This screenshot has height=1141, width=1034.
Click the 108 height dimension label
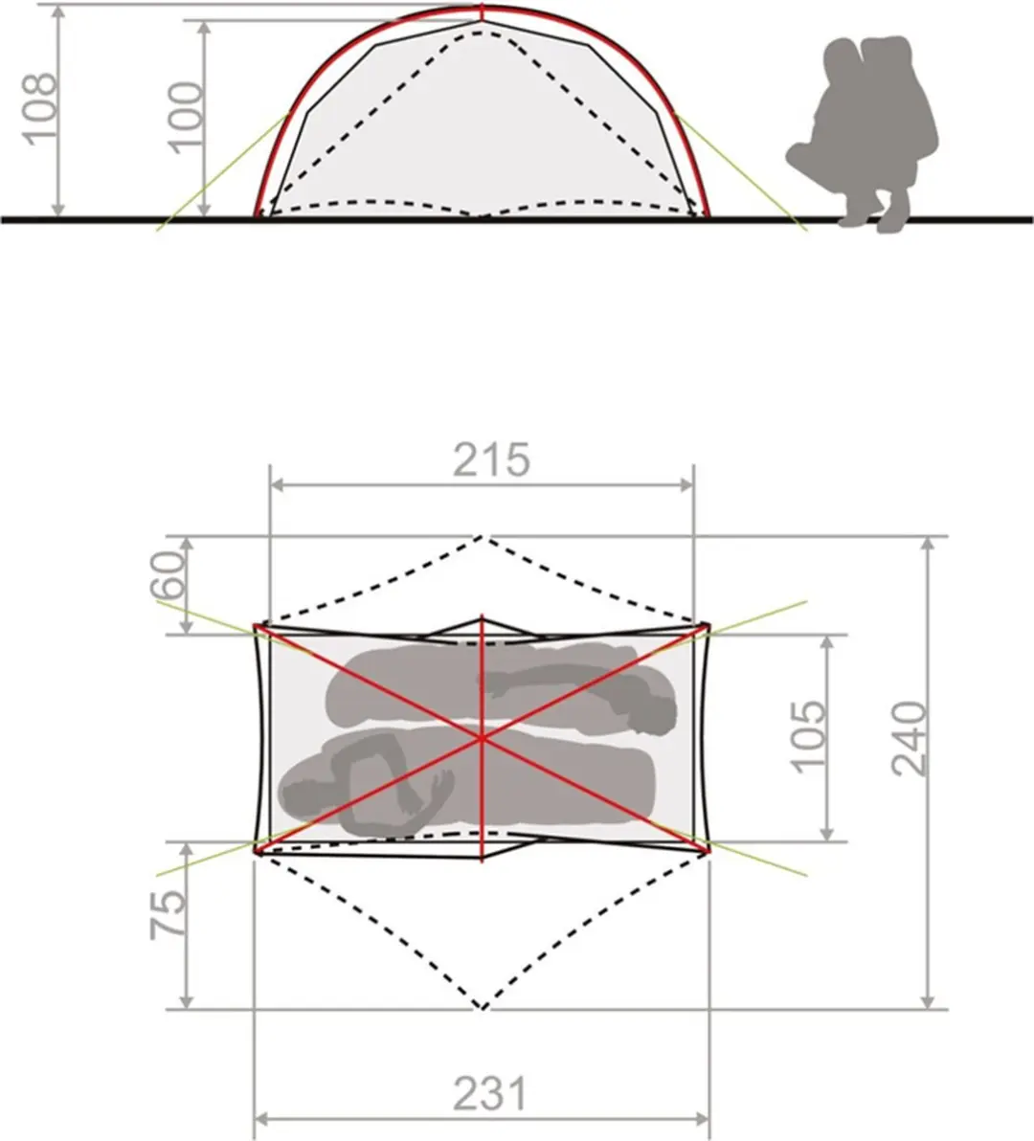click(38, 109)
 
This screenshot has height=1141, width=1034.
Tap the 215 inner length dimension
click(491, 459)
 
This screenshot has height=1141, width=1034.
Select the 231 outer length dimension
click(490, 1094)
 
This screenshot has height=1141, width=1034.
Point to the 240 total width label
click(910, 739)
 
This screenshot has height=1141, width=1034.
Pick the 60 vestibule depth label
click(169, 575)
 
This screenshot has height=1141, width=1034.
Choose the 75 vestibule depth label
click(169, 914)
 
